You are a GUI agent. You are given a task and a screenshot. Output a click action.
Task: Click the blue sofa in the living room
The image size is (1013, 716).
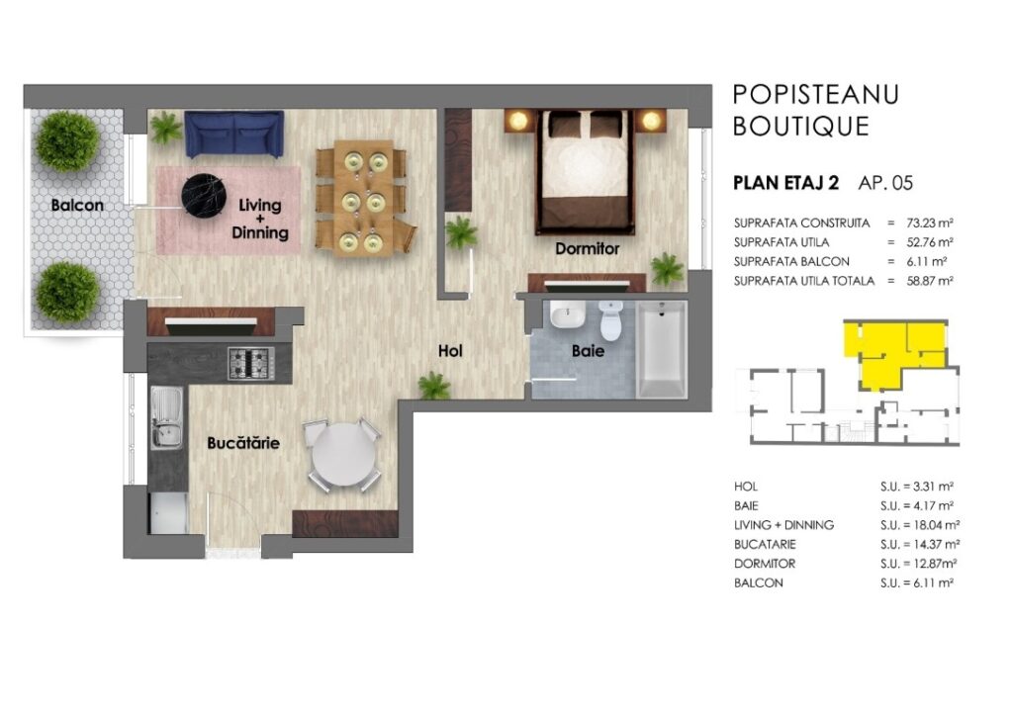click(x=233, y=134)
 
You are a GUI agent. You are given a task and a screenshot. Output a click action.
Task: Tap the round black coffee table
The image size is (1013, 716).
click(x=204, y=196)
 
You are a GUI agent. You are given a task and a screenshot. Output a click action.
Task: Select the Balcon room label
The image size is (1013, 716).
click(x=77, y=206)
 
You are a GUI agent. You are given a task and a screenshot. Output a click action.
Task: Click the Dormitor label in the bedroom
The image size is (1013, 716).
click(x=588, y=248)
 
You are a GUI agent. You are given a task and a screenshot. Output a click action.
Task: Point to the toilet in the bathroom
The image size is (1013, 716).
click(x=610, y=320)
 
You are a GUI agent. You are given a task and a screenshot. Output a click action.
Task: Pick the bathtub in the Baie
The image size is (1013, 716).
click(x=662, y=349)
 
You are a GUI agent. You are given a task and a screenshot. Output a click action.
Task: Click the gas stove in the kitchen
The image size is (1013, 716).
click(x=250, y=364)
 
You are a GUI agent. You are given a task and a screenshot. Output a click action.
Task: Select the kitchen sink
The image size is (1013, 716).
click(x=166, y=417)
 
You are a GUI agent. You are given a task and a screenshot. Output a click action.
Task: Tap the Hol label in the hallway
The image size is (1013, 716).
click(x=450, y=350)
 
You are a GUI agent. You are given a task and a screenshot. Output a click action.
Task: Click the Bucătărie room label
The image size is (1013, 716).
click(x=243, y=443)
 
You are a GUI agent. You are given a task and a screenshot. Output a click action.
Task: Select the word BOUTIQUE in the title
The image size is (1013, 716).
click(x=801, y=126)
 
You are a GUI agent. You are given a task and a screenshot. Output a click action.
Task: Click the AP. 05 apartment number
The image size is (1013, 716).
click(x=885, y=183)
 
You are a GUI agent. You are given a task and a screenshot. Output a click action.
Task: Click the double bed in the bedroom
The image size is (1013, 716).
click(x=586, y=171)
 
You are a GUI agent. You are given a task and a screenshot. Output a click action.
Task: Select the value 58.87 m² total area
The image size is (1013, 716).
click(x=930, y=281)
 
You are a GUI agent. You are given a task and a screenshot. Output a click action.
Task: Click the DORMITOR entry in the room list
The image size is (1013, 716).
click(x=765, y=564)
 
